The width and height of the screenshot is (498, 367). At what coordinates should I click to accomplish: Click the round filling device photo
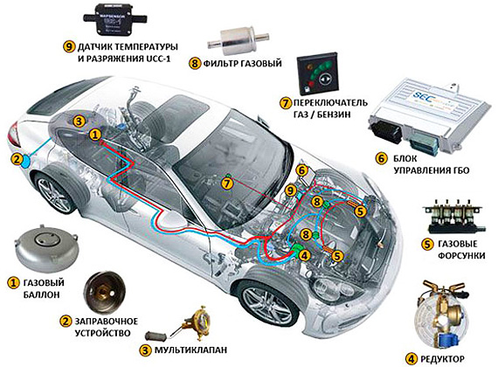[105, 293]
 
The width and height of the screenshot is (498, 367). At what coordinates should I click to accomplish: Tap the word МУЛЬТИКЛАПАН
[190, 350]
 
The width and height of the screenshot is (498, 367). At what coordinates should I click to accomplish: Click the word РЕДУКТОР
[442, 359]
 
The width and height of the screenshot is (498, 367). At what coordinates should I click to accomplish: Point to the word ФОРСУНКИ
[461, 255]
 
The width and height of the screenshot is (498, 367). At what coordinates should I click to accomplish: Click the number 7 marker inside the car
[226, 183]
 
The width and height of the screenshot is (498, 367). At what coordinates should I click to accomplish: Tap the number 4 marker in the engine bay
[304, 255]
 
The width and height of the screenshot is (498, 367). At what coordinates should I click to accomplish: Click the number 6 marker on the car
[301, 170]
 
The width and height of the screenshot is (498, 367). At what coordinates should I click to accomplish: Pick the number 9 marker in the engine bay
[291, 191]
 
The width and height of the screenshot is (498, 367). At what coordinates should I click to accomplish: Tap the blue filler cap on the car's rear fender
[25, 162]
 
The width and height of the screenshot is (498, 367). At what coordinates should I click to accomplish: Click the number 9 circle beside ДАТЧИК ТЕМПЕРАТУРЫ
[69, 47]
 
